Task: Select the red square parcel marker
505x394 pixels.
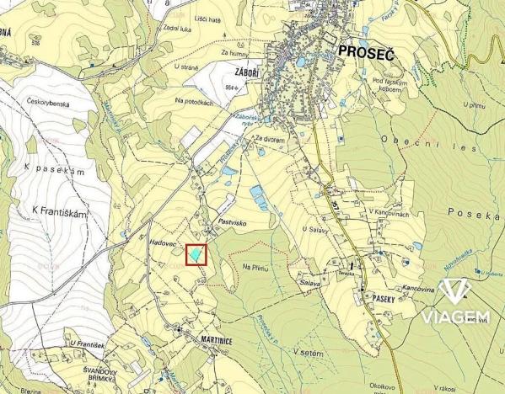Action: pyautogui.click(x=196, y=253)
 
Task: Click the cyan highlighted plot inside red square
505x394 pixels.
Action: pyautogui.click(x=196, y=253)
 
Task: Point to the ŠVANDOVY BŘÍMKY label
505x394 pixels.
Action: pyautogui.click(x=94, y=374)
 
